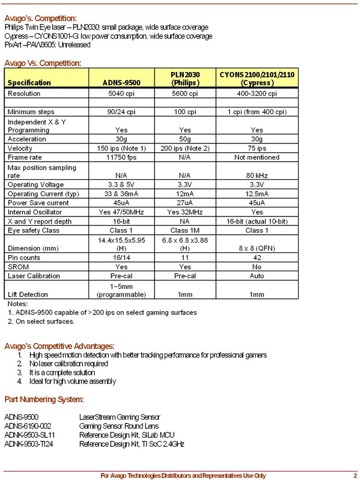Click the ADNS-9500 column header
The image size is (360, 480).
121,82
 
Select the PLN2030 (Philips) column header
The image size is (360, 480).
184,78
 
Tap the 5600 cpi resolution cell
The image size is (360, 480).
184,94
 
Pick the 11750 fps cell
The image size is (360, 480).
121,157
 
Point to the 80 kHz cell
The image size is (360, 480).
257,176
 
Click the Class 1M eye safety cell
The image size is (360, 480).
184,230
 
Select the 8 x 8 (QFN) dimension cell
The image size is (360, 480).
257,248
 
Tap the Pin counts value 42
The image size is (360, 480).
257,257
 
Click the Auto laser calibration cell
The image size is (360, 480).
257,276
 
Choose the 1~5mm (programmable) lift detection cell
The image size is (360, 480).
121,290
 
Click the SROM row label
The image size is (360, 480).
19,266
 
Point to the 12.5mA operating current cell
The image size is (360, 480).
257,194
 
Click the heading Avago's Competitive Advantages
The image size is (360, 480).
59,346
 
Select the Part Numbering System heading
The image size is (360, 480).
44,399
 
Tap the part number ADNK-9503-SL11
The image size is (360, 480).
29,435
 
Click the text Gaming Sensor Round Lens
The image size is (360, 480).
119,426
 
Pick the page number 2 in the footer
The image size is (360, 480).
355,475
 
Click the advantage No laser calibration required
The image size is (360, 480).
69,364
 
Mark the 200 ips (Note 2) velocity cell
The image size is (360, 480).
184,148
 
